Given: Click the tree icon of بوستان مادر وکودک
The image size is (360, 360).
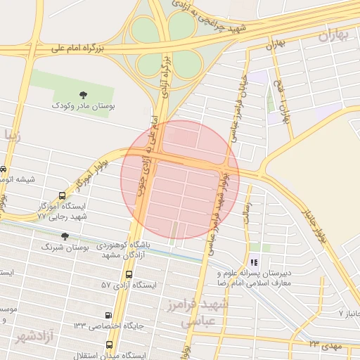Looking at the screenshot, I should [84, 94].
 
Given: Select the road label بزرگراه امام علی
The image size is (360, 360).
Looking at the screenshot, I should [79, 48].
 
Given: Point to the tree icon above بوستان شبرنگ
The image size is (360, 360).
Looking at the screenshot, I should [64, 236].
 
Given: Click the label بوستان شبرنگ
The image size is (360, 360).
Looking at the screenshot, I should [62, 247].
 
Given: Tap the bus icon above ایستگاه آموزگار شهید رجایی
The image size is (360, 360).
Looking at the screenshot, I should [63, 196].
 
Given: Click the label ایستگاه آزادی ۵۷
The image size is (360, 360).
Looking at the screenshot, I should [127, 285].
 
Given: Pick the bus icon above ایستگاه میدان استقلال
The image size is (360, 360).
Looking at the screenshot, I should [109, 345].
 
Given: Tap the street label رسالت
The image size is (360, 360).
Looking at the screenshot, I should [247, 211].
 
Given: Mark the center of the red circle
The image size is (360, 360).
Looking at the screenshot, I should [180, 179].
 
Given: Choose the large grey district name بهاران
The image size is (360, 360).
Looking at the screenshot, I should [334, 35].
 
